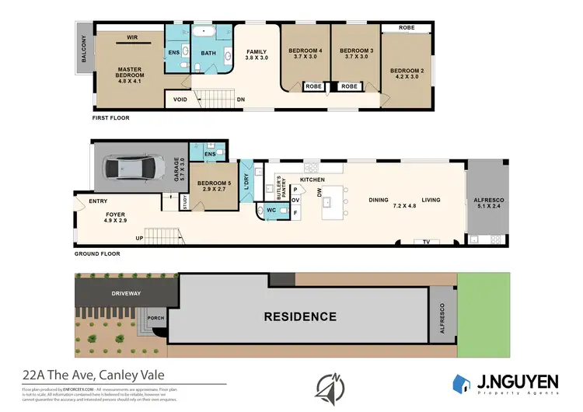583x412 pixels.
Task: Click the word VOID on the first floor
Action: tap(180, 100)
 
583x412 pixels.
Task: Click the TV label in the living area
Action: tap(425, 243)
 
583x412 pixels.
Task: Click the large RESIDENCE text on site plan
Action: tap(299, 316)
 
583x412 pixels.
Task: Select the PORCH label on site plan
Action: tap(154, 318)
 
